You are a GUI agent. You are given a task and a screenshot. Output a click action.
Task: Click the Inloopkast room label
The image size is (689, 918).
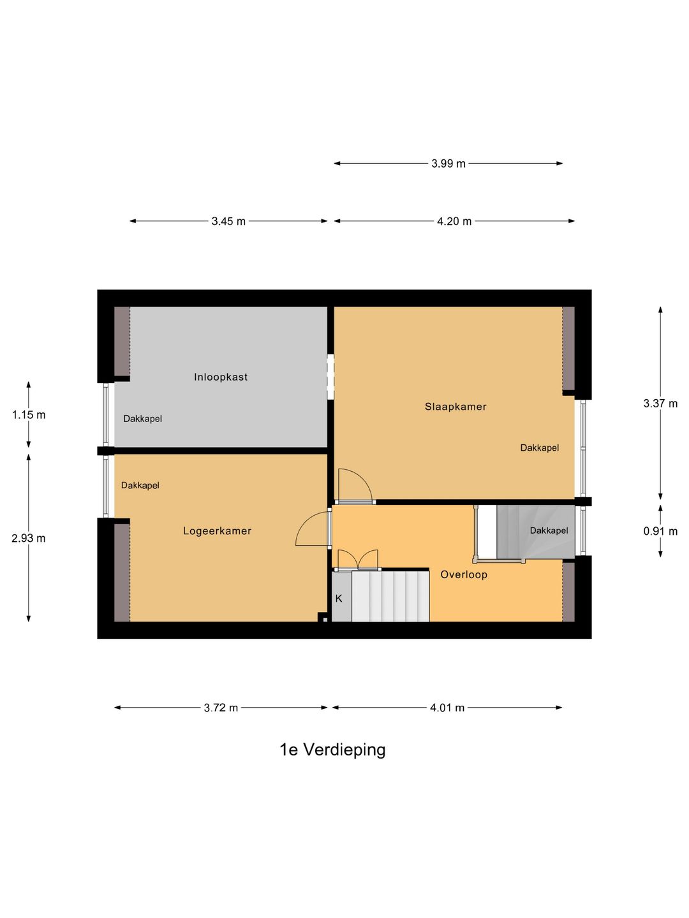(221, 377)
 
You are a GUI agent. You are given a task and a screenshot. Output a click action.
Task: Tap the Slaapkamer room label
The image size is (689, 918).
(456, 407)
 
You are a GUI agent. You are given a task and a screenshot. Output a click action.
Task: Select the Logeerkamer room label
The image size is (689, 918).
(217, 531)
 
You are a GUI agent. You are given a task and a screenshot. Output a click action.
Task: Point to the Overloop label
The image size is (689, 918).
(464, 574)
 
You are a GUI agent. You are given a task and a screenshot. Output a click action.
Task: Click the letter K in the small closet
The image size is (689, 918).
(339, 599)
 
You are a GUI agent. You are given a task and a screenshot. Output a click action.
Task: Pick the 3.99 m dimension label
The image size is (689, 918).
(448, 164)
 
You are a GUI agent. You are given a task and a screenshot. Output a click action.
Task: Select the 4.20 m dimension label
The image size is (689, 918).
(454, 221)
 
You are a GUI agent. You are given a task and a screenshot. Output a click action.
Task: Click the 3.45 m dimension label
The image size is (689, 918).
(228, 221)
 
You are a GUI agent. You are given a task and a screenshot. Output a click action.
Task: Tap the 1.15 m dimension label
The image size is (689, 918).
(29, 415)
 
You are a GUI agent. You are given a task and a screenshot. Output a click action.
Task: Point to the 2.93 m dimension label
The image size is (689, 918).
(29, 538)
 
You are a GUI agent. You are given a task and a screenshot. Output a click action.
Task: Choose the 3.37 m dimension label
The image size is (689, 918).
(660, 404)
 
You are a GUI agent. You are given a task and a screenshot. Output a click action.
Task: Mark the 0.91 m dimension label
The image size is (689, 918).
(660, 531)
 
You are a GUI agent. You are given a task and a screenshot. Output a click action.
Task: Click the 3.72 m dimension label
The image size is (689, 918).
(221, 708)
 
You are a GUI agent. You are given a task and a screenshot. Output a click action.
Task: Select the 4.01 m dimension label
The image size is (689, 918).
(447, 708)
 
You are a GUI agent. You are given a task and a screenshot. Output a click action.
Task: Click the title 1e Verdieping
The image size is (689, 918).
(332, 750)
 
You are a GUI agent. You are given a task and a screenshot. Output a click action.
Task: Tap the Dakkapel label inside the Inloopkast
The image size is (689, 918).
(142, 419)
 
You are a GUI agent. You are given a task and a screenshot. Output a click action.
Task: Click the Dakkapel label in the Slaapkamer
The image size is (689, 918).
(539, 448)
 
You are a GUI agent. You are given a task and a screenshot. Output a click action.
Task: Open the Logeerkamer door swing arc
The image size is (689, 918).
(311, 528)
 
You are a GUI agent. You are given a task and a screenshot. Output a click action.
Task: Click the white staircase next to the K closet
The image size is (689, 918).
(390, 596)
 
